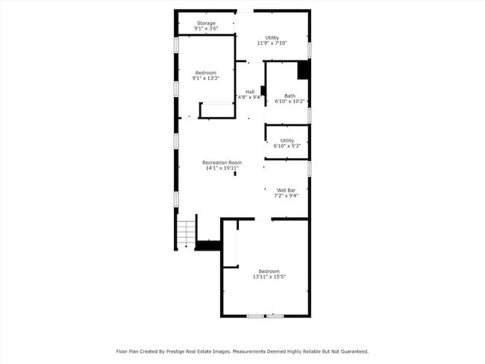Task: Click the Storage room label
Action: coord(206,23)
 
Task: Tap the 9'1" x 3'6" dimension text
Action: coord(206,28)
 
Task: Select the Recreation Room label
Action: coord(222,163)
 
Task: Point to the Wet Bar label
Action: coord(286,190)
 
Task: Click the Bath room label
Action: coord(290,96)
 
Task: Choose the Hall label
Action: coord(250,92)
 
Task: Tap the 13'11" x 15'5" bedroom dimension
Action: coord(269,277)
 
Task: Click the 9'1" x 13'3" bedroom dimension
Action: coord(206,78)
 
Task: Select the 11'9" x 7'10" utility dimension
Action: coord(272,43)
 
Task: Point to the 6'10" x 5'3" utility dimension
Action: coord(287,146)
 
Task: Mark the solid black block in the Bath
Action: coord(304,70)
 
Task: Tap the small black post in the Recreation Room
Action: coord(235,174)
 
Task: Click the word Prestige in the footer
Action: coord(175,351)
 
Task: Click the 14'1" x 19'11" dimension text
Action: coord(222,169)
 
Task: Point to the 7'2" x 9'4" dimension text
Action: coord(286,195)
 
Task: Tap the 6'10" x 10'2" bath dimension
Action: coord(290,101)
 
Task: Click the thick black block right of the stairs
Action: coord(208,245)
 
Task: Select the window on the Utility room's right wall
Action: coord(310,50)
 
